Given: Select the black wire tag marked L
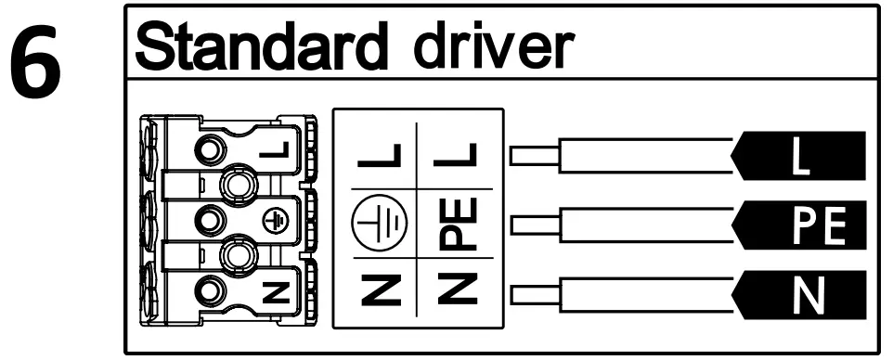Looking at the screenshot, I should (x=803, y=158).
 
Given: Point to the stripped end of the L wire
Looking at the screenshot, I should (x=534, y=158).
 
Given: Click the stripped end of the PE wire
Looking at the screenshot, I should (x=534, y=225).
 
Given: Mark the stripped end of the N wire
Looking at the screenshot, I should (x=534, y=295).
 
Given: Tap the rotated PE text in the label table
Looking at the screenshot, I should (x=457, y=225).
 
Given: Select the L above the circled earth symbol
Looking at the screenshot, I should (x=371, y=158).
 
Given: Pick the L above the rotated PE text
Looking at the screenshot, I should (x=457, y=158).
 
